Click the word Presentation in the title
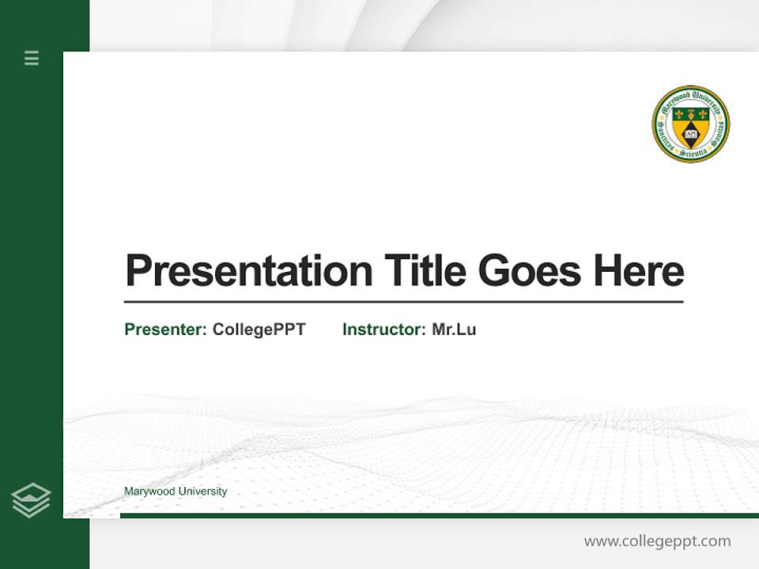[x=248, y=271]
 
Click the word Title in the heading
[x=425, y=271]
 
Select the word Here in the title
[x=638, y=271]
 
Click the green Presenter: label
[x=165, y=330]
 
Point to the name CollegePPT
[x=259, y=330]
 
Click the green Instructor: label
[x=383, y=330]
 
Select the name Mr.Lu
[x=454, y=330]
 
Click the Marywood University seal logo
[x=690, y=124]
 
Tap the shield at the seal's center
[x=690, y=125]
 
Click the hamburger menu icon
[x=32, y=58]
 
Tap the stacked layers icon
[x=32, y=500]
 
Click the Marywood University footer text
[x=176, y=492]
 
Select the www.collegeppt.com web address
[x=657, y=541]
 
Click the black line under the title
[x=403, y=301]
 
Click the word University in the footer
[x=202, y=492]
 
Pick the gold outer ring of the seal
[x=690, y=88]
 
